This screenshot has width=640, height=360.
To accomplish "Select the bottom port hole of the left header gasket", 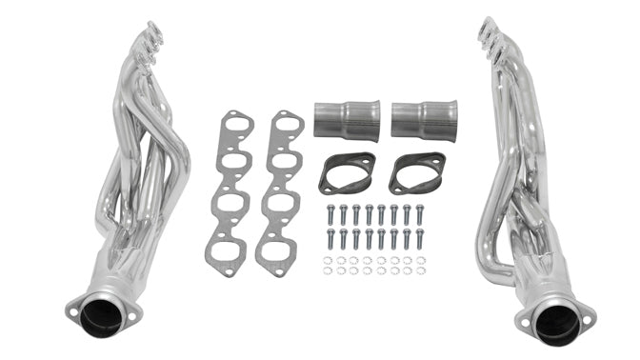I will click(x=228, y=251).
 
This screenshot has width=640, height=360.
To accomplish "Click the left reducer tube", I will click(x=347, y=120).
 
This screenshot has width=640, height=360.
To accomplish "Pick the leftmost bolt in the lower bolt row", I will click(x=330, y=239).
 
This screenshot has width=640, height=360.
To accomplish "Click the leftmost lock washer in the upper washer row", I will click(x=328, y=260).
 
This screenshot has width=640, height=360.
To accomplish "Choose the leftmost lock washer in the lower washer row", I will click(x=328, y=270).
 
